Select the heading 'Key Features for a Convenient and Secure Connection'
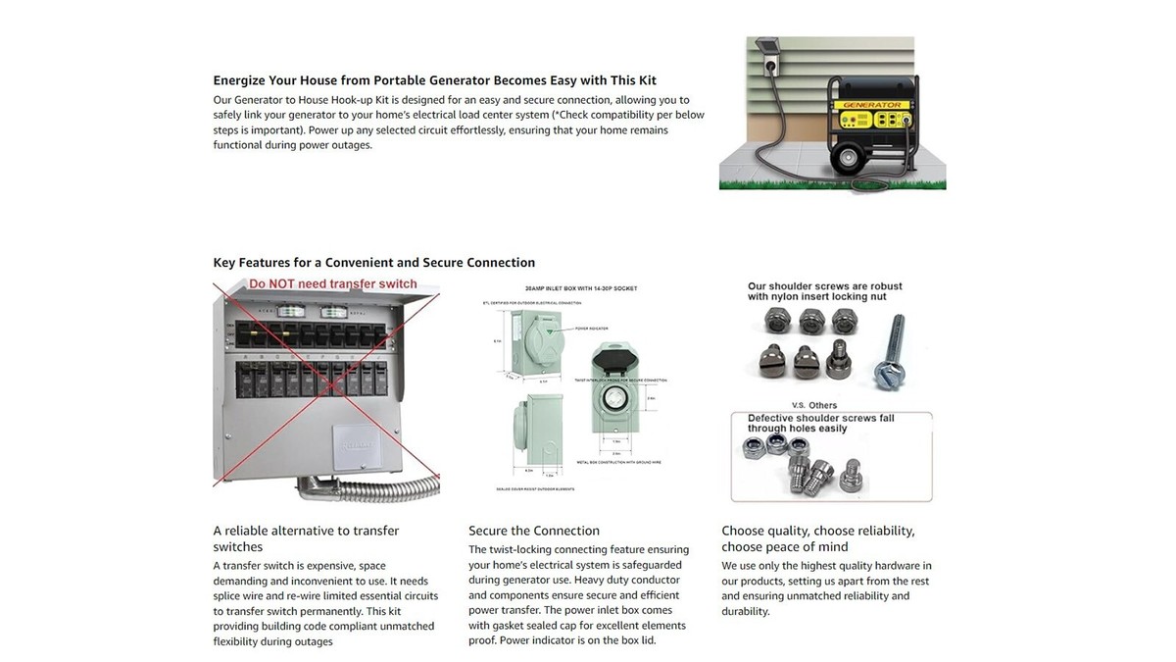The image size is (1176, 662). pos(374,263)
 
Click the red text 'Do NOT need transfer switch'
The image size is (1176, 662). pos(333,284)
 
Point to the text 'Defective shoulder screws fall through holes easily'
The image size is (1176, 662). pos(820,423)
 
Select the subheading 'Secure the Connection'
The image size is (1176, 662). pos(534,531)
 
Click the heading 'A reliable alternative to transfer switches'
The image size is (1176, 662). pos(306,538)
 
